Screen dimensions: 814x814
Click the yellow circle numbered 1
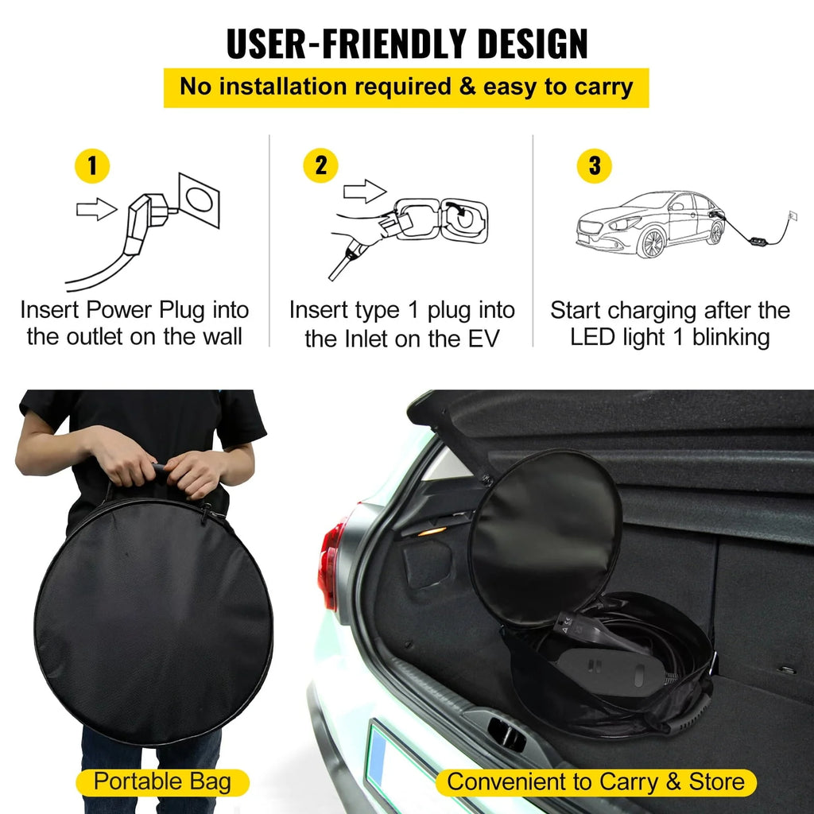click(x=92, y=166)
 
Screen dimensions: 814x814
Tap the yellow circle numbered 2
click(x=321, y=165)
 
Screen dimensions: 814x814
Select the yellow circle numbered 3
click(x=595, y=166)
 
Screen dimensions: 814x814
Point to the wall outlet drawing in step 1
click(x=200, y=200)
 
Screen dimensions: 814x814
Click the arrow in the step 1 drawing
click(x=96, y=209)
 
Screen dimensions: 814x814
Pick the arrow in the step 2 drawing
click(x=365, y=191)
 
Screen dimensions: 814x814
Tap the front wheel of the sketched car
click(x=652, y=242)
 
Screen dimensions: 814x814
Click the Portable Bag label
click(x=162, y=782)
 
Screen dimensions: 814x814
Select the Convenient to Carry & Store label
click(x=596, y=782)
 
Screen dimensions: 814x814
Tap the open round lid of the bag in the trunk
click(x=545, y=537)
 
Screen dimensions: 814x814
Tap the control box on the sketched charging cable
click(x=758, y=242)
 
